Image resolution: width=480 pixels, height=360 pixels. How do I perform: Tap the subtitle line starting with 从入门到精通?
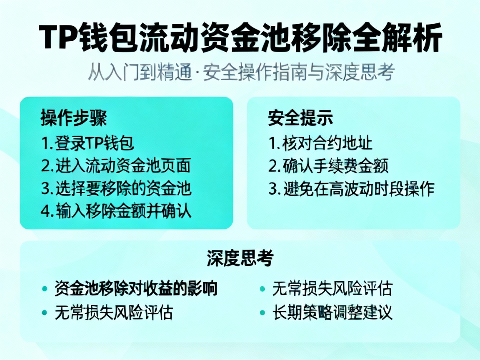[240, 73]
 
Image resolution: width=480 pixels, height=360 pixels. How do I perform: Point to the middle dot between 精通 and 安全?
[198, 73]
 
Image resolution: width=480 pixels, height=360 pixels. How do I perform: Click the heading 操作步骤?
[73, 119]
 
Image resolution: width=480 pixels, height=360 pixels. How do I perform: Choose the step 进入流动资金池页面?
[116, 166]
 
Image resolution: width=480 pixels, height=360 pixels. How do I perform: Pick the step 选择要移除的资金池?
[116, 189]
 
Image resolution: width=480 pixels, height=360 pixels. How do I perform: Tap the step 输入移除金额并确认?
[116, 211]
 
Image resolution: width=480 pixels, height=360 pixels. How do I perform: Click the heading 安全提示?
[300, 119]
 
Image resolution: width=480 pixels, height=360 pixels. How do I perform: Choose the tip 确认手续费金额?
[328, 166]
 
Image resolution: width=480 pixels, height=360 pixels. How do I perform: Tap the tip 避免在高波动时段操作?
[351, 189]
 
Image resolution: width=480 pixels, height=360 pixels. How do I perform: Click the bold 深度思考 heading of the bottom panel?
[240, 258]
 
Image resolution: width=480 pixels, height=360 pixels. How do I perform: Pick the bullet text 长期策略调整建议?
[332, 312]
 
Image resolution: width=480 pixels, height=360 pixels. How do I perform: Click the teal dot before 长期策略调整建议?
[262, 312]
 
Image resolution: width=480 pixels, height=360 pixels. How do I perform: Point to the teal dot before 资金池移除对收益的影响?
[45, 289]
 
